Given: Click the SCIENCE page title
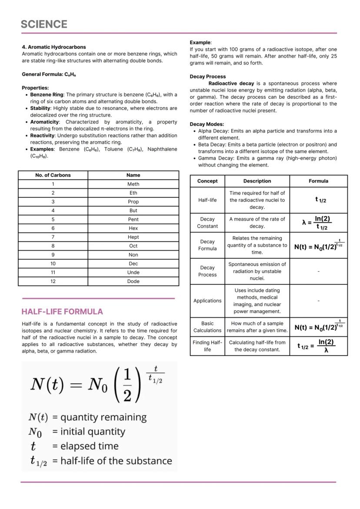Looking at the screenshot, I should pyautogui.click(x=44, y=24).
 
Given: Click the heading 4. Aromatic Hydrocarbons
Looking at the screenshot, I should pyautogui.click(x=54, y=47).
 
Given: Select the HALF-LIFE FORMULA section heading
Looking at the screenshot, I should pyautogui.click(x=62, y=312).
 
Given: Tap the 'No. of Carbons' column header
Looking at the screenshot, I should pyautogui.click(x=53, y=175).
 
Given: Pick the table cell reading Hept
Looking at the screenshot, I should pyautogui.click(x=133, y=237).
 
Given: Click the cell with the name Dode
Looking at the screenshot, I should pyautogui.click(x=133, y=281).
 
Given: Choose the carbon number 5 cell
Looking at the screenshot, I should pyautogui.click(x=53, y=220).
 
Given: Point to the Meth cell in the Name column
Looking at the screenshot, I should pyautogui.click(x=133, y=184).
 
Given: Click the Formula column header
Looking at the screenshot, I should pyautogui.click(x=318, y=181).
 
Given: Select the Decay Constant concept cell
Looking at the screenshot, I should pyautogui.click(x=207, y=223).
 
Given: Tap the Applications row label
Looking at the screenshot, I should pyautogui.click(x=207, y=301).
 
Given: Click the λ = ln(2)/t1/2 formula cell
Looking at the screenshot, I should pyautogui.click(x=318, y=223).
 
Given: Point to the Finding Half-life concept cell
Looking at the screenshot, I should pyautogui.click(x=207, y=346).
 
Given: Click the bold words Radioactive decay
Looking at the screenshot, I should pyautogui.click(x=231, y=83).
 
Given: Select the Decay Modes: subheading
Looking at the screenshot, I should pyautogui.click(x=207, y=124).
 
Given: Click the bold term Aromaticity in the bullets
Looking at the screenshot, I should pyautogui.click(x=44, y=122).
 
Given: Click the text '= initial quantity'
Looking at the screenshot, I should pyautogui.click(x=89, y=432).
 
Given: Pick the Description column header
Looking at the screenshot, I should pyautogui.click(x=257, y=181).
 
